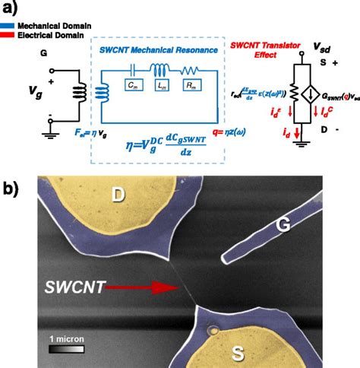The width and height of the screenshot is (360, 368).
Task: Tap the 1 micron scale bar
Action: point(67,349)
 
